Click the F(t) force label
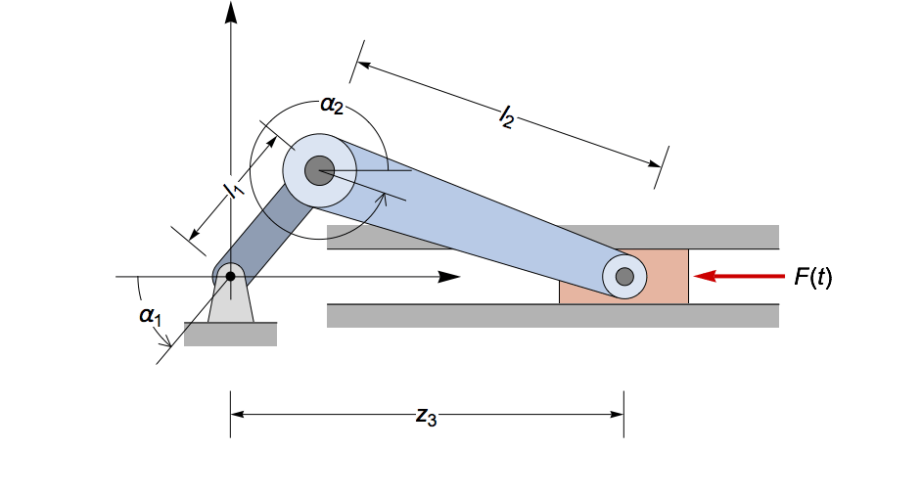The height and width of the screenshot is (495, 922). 812,277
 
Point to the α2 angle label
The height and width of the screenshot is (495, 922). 332,107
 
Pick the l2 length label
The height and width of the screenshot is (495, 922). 506,118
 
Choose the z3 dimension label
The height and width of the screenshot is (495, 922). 426,416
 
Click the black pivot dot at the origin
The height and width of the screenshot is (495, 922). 230,277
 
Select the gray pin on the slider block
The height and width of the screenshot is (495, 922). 624,277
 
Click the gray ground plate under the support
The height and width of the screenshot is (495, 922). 230,335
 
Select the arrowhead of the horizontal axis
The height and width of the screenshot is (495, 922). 450,277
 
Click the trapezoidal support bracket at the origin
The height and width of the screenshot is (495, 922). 231,305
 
